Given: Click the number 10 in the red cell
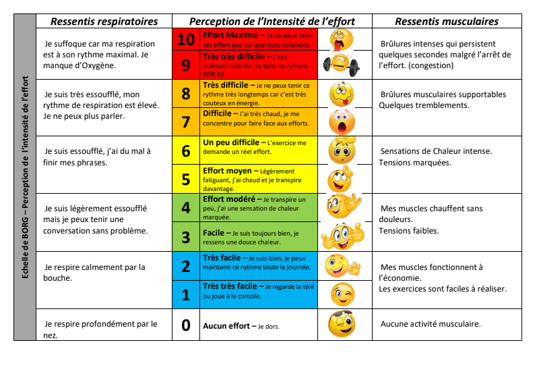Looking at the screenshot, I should click(186, 40).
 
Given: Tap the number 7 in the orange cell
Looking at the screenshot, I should click(186, 121).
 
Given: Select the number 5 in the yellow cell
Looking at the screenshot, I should click(186, 180).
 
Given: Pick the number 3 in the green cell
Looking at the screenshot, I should click(186, 237).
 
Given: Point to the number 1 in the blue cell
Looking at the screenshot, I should click(186, 295).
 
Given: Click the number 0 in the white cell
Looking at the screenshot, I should click(186, 325).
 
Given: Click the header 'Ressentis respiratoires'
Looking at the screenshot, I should click(104, 22).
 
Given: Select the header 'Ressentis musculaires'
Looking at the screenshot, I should click(447, 22).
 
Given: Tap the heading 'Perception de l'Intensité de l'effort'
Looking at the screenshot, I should click(272, 22).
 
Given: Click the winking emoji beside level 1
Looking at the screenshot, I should click(342, 294).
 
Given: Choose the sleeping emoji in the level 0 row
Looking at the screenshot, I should click(342, 324).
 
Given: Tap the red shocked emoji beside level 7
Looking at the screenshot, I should click(342, 121).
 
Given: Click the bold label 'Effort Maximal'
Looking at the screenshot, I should click(230, 34).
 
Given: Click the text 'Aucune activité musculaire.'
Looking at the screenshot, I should click(431, 324).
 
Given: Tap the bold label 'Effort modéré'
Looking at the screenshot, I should click(228, 200).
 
